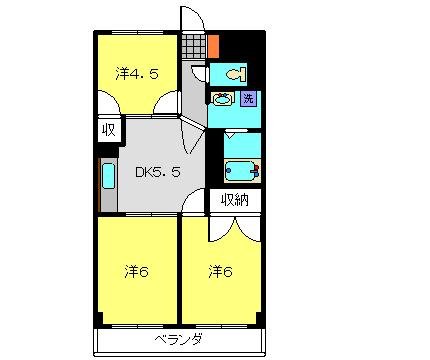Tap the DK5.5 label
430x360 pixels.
(158, 171)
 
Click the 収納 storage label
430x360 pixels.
(235, 200)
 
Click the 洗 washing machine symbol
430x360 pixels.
(248, 98)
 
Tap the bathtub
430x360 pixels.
(241, 170)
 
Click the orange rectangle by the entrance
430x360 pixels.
(212, 45)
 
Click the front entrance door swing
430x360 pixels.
(190, 19)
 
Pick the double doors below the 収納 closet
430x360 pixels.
(235, 227)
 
